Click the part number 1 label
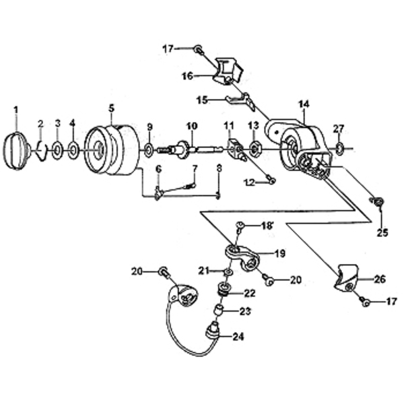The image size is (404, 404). [16, 108]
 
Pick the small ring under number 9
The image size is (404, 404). [149, 149]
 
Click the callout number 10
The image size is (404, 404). [191, 126]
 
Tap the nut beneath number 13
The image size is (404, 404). [255, 148]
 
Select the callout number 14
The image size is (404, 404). [304, 104]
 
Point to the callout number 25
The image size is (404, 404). [382, 233]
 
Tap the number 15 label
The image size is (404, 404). [202, 100]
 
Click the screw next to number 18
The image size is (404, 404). [240, 226]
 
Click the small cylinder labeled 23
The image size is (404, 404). [219, 310]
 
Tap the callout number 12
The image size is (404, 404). [250, 182]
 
